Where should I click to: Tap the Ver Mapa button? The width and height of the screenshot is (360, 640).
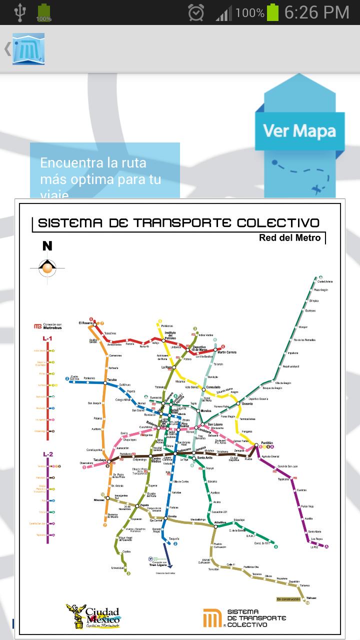pos(299,131)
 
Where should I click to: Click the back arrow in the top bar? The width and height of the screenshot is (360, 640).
pos(7,48)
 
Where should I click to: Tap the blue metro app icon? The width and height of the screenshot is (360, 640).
pos(28,48)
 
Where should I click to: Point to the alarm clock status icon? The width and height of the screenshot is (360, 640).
pos(195,12)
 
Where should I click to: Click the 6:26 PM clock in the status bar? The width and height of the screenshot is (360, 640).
pos(316,12)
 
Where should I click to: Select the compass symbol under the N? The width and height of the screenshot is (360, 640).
pos(47,268)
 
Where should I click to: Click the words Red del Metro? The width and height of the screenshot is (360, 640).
pos(289,237)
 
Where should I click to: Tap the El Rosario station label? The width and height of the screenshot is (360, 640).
pos(86,323)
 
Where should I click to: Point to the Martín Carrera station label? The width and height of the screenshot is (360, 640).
pos(227,352)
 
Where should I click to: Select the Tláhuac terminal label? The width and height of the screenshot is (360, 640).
pos(311,597)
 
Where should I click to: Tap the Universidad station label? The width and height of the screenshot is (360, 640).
pos(118,568)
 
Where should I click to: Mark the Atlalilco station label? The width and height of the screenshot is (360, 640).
pos(220,523)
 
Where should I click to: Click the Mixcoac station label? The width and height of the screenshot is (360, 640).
pos(99,499)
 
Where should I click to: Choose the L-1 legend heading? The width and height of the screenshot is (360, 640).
pos(47,338)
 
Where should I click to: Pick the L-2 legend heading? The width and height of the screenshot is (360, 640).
pos(47,454)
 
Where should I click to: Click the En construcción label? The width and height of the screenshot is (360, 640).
pos(288,599)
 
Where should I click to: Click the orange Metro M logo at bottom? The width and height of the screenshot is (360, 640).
pos(212,618)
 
